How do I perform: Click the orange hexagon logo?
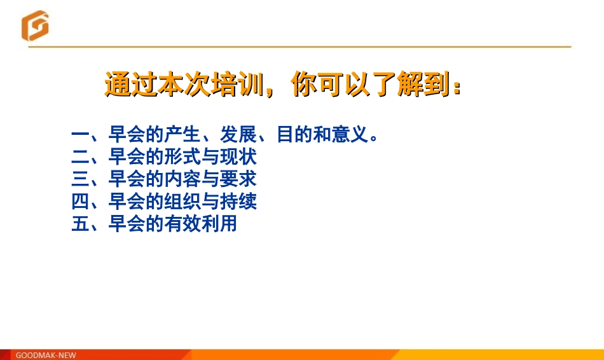click(34, 26)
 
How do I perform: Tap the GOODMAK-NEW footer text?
click(45, 355)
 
